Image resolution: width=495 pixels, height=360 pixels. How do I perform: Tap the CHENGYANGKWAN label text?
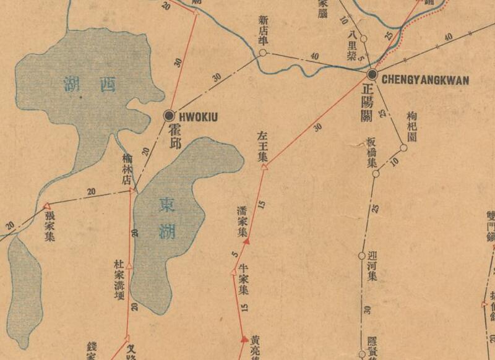pos(425,80)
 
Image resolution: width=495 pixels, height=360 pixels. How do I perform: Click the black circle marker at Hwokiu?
pos(169,115)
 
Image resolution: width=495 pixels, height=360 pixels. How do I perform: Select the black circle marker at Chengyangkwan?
pos(372,75)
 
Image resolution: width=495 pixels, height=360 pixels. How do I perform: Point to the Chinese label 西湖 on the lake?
pos(90,84)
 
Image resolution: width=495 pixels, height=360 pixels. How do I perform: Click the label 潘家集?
pos(243,223)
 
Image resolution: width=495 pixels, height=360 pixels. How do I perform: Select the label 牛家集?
pos(243,280)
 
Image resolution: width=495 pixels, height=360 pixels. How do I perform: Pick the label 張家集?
pos(49,226)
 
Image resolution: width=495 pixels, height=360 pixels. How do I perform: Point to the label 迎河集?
pos(372,268)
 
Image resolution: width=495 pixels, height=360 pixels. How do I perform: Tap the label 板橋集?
pos(371,152)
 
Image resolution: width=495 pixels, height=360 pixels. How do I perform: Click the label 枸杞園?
pos(412,127)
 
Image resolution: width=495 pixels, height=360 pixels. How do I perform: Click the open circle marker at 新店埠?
pos(262,53)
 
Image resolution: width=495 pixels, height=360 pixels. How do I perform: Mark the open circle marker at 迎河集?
pos(362,255)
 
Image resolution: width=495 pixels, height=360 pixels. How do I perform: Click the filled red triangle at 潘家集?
pos(246,241)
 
